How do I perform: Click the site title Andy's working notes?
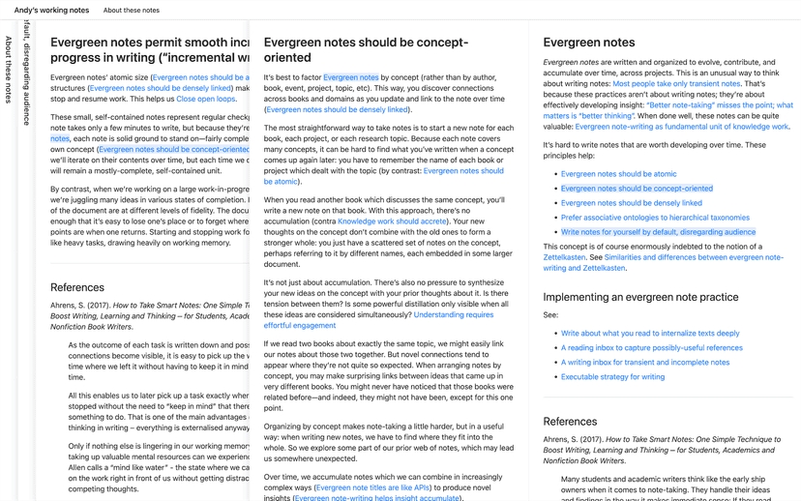pos(51,10)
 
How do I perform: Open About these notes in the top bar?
pos(132,10)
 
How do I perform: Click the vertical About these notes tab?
pos(9,70)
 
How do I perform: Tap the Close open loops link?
pos(205,99)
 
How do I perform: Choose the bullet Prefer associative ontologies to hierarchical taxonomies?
pos(655,218)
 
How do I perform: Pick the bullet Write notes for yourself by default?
pos(657,232)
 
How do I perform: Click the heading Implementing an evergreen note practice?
pos(640,297)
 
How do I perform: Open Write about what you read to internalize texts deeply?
pos(650,334)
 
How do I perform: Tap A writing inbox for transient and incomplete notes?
pos(645,363)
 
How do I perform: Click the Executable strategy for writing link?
pos(612,377)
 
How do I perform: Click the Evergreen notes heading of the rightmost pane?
pos(589,43)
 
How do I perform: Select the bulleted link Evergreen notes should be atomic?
pos(618,174)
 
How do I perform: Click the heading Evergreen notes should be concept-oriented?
pos(366,50)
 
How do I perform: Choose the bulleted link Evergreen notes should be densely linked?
pos(631,203)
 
